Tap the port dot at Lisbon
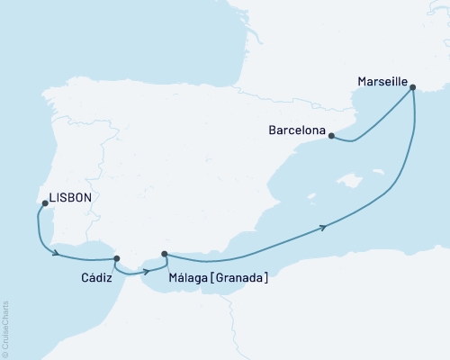[43, 204]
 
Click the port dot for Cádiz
[116, 258]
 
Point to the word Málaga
[187, 278]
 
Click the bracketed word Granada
[238, 278]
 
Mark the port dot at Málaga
[163, 255]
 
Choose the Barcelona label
[297, 130]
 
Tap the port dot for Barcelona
[331, 137]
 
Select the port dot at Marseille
[412, 87]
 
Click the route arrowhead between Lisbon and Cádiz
[58, 254]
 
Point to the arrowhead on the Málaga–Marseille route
[322, 229]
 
